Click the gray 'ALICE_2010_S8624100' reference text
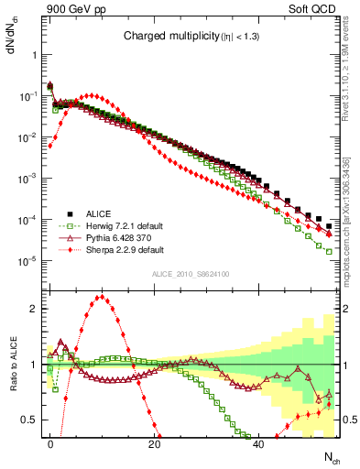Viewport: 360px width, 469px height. click(188, 274)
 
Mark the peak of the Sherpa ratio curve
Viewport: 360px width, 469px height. click(102, 296)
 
